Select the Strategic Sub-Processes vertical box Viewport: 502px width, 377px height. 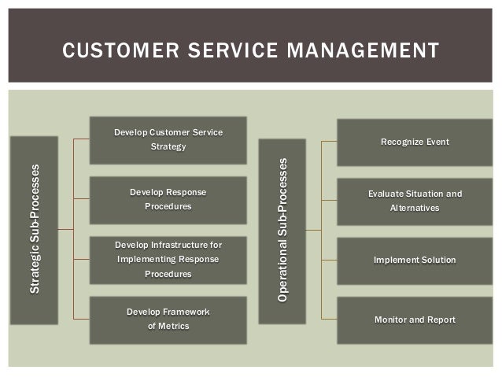click(34, 230)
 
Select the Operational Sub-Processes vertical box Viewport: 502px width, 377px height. click(282, 230)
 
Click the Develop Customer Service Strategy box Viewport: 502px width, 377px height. click(168, 139)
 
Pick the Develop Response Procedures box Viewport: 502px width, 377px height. click(168, 199)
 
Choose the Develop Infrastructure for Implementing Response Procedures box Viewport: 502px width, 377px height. click(168, 260)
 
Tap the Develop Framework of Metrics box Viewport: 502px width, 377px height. click(168, 320)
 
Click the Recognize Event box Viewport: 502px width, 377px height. click(415, 142)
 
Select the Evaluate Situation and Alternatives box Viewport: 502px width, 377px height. click(415, 201)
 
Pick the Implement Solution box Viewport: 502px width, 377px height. click(415, 261)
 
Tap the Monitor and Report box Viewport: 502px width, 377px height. click(415, 320)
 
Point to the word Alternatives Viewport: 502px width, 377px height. click(415, 209)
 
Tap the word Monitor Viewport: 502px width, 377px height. click(391, 320)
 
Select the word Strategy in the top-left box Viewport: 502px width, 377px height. click(168, 147)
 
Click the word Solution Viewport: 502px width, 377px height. click(437, 261)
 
